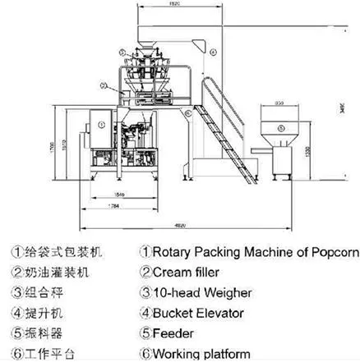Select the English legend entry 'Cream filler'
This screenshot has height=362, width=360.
tap(188, 271)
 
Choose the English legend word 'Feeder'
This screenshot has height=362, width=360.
tap(174, 333)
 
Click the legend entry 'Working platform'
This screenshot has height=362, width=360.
tap(201, 354)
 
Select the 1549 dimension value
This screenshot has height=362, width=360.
tap(119, 195)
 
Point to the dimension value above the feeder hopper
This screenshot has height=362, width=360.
tap(279, 103)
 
